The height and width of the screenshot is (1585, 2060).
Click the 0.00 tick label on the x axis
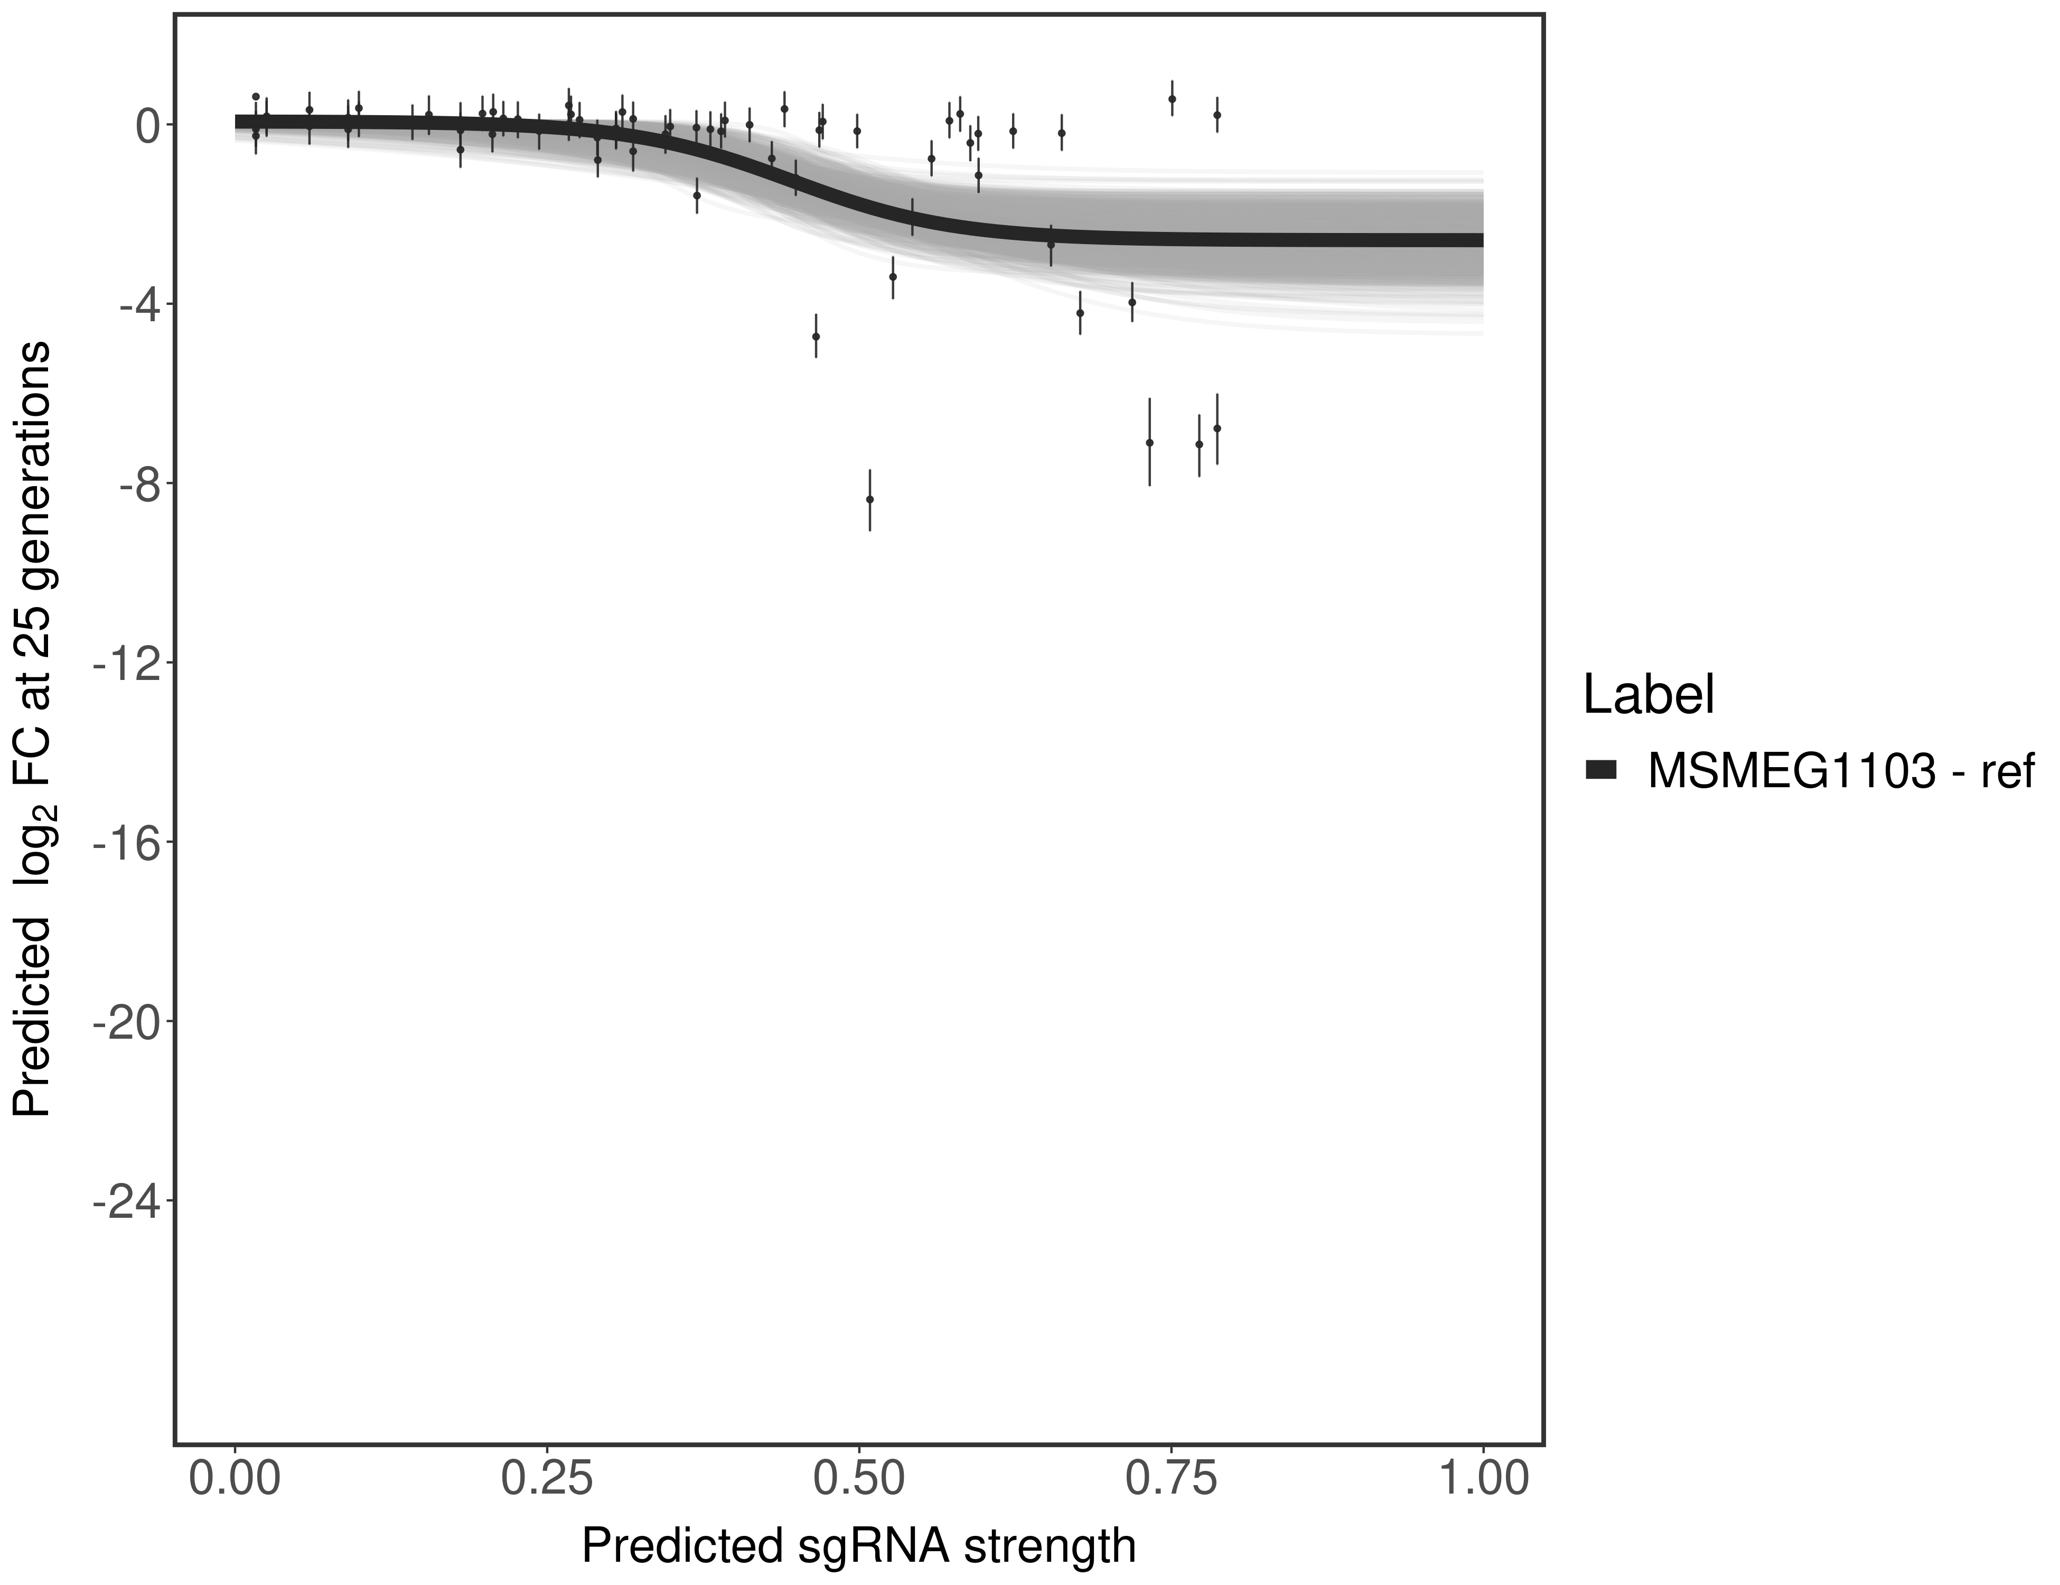(x=235, y=1478)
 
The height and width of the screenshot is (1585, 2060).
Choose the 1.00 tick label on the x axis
(x=1482, y=1478)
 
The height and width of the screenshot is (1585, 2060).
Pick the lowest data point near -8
(x=869, y=499)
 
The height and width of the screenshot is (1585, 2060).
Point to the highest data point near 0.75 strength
(x=1172, y=98)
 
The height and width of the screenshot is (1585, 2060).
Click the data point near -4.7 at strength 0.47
(x=816, y=336)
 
